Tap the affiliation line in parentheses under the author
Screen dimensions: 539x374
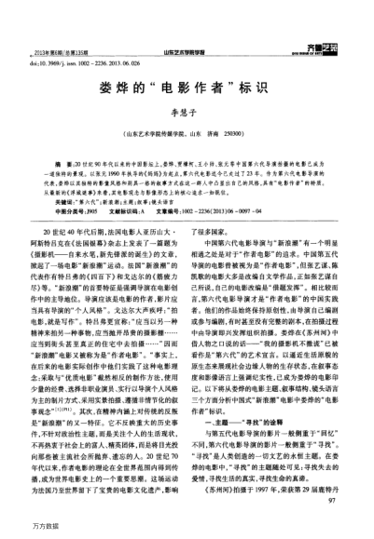[187, 135]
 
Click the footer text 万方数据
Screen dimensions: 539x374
[28, 529]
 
